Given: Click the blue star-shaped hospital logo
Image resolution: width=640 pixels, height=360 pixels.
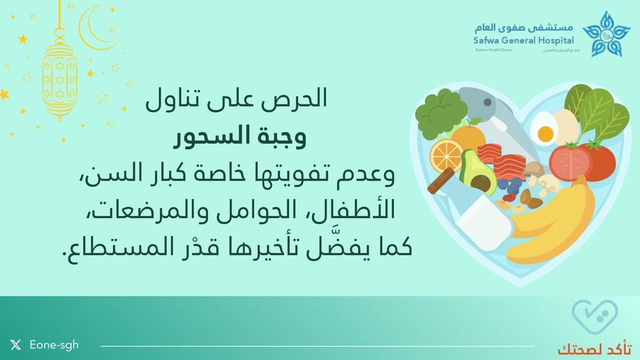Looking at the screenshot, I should tap(606, 34).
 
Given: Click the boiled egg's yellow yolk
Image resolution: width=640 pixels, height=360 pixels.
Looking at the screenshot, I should tap(545, 133).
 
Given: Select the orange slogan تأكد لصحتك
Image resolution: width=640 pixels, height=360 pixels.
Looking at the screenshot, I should tap(594, 347).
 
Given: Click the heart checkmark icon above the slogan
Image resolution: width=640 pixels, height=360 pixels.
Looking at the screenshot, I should tap(596, 317).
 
